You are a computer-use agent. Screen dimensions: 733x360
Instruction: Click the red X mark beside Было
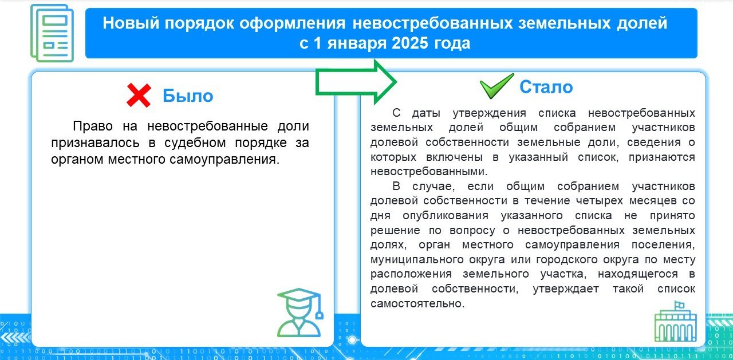[139, 96]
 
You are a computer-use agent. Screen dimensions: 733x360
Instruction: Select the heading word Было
[188, 96]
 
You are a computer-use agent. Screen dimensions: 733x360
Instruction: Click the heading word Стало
[546, 87]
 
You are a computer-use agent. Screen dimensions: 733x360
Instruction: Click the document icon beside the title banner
[52, 33]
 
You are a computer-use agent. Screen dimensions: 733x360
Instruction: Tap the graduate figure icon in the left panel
[300, 312]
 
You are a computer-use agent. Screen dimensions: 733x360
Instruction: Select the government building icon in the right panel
[675, 322]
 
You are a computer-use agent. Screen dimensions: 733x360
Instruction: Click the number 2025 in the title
[409, 43]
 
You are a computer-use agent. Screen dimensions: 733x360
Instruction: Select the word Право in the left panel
[93, 126]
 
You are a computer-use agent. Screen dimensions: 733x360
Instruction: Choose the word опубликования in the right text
[446, 216]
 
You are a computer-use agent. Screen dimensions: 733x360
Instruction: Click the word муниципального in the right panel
[417, 260]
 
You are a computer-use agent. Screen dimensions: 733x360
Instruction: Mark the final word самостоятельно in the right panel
[417, 303]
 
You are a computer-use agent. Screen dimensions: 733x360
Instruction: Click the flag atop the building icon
[679, 304]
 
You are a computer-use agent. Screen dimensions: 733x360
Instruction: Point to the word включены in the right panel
[454, 157]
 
